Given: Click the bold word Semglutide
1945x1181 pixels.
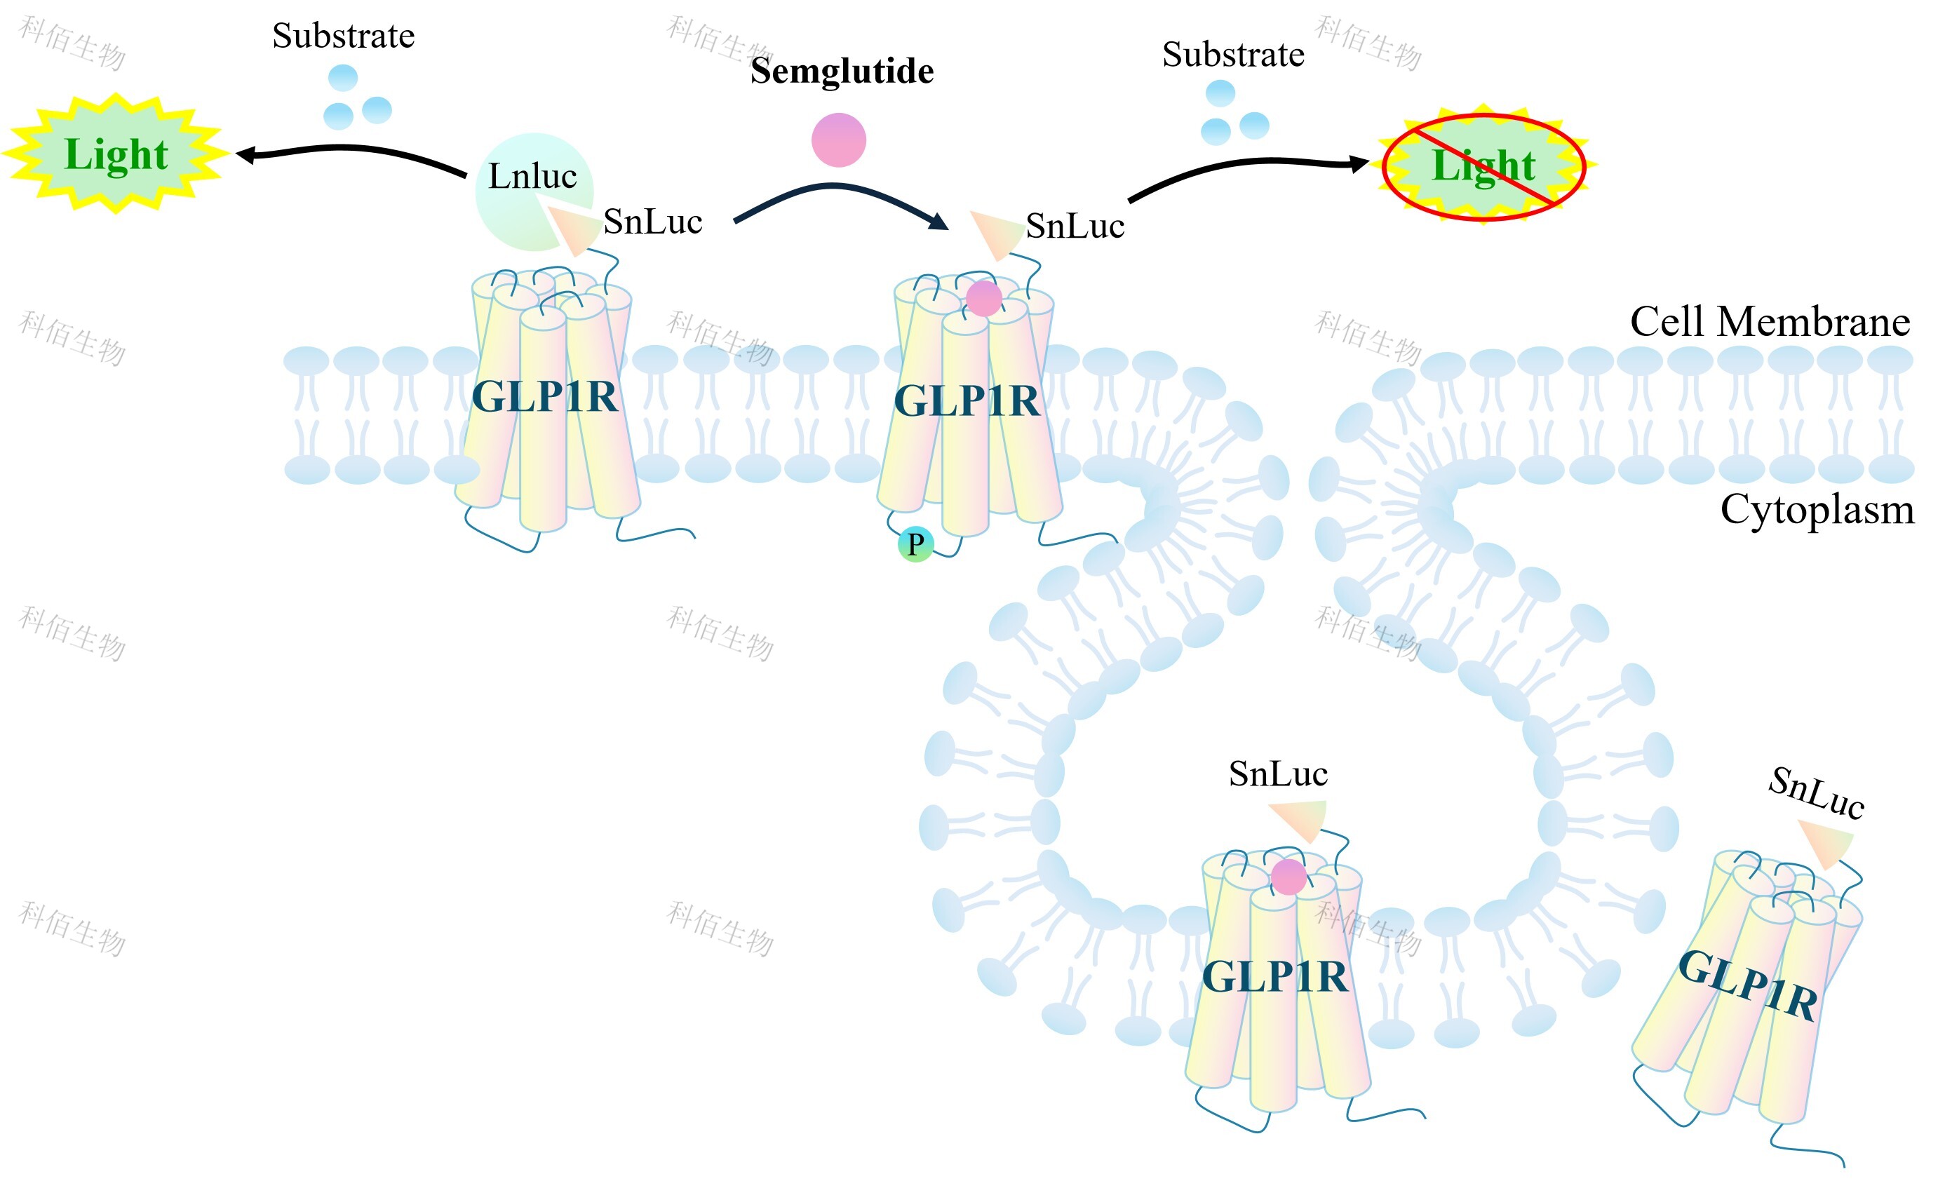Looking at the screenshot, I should (x=842, y=71).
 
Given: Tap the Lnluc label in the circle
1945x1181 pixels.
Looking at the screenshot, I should (x=532, y=176).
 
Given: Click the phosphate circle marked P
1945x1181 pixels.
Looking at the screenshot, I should (x=915, y=544).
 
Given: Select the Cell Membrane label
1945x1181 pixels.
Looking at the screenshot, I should (x=1770, y=322).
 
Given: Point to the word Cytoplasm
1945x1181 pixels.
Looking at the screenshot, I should (x=1817, y=510).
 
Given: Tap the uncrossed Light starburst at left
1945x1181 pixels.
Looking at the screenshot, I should (x=116, y=154).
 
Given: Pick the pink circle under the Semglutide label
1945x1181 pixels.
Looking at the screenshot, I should (x=838, y=140).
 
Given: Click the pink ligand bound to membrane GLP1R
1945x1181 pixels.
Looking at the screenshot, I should (x=983, y=299).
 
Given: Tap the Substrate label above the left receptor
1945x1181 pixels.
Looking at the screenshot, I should (x=344, y=36).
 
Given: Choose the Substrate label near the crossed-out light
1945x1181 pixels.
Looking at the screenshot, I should (x=1233, y=55).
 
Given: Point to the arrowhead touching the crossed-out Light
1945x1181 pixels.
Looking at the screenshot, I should (x=1359, y=164).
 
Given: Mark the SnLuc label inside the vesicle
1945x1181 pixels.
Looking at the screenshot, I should (x=1278, y=774).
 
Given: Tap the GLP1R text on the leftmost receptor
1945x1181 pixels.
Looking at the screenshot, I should (x=545, y=397).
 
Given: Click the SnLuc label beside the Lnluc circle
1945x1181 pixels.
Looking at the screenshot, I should (x=653, y=222).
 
